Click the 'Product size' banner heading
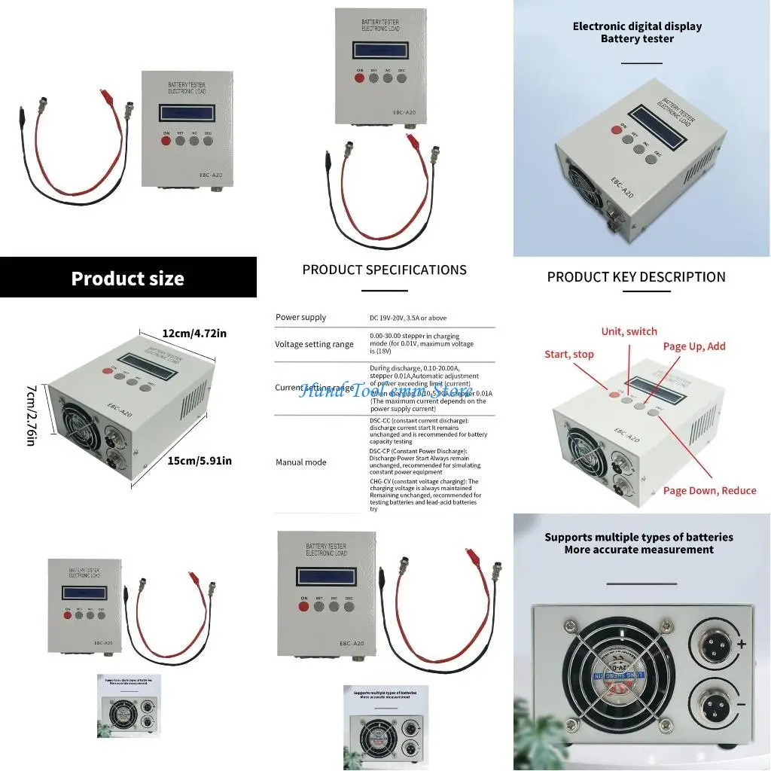[127, 279]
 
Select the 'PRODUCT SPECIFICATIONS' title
[384, 270]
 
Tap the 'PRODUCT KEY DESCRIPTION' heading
[636, 276]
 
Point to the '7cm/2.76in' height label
[31, 414]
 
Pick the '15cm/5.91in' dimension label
[200, 460]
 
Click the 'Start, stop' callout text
[568, 354]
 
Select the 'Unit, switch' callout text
[629, 331]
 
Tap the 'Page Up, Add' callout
[693, 346]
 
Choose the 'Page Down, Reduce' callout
[709, 490]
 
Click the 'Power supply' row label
[301, 317]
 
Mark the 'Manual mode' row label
[301, 462]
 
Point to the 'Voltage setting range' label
[314, 344]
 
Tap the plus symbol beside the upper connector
[742, 644]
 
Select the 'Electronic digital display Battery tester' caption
[637, 32]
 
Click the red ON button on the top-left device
[166, 139]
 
